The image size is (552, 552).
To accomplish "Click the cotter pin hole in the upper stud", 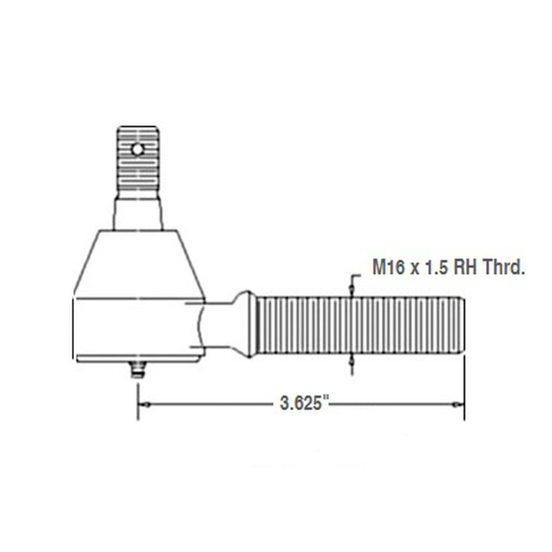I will (x=137, y=148).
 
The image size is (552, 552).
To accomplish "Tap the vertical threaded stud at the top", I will (x=138, y=166).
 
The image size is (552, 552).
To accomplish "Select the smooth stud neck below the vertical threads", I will (x=138, y=214).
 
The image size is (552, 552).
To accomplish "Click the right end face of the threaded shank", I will (x=462, y=326).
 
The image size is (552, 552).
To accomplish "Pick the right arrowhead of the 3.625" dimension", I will (x=458, y=405).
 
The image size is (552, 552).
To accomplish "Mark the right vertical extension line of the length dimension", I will (x=464, y=386).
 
